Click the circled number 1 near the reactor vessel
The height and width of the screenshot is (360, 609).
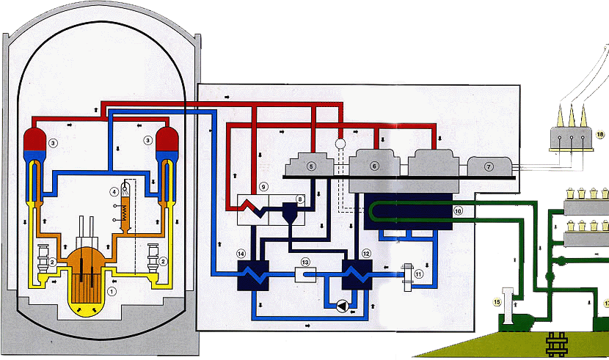(x=112, y=291)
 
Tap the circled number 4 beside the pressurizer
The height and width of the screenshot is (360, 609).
(x=114, y=192)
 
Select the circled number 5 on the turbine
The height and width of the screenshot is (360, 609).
(x=311, y=166)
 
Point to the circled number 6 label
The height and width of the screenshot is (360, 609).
(x=374, y=166)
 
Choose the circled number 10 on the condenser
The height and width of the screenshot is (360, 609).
(x=458, y=210)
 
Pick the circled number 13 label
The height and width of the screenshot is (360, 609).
(x=305, y=262)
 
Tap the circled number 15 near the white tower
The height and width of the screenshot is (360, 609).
(x=497, y=301)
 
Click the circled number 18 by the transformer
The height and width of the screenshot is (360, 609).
(x=599, y=134)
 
